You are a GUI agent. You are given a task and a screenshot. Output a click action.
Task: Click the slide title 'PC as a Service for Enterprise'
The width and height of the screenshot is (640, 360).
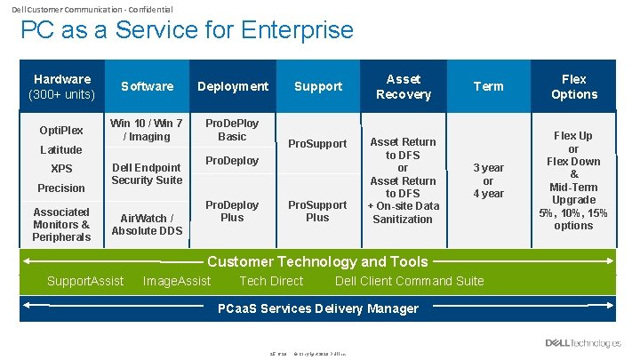tap(187, 30)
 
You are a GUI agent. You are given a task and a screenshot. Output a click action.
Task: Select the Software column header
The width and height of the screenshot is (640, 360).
tap(147, 86)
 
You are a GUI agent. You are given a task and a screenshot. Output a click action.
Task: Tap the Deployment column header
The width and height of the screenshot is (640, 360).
tap(232, 86)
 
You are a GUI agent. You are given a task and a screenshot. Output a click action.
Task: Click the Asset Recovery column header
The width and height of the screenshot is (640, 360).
tap(403, 86)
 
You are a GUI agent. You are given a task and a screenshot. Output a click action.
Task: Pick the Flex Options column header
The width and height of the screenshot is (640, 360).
tap(573, 86)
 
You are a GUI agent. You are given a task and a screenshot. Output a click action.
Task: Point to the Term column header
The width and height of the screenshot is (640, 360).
tap(488, 86)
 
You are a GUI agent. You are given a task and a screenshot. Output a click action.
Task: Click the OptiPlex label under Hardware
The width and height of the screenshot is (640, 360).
tap(61, 131)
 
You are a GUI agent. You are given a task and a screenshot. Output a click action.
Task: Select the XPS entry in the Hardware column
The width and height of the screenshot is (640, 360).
tap(61, 169)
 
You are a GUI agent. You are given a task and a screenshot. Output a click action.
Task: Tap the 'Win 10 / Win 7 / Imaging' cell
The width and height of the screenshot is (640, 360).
tap(147, 130)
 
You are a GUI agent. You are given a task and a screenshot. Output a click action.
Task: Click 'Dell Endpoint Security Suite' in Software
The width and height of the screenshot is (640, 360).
tap(147, 173)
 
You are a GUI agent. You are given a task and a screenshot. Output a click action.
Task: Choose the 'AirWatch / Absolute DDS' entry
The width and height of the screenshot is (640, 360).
tap(147, 224)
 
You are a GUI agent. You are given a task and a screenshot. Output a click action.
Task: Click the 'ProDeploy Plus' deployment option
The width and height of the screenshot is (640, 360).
tap(232, 211)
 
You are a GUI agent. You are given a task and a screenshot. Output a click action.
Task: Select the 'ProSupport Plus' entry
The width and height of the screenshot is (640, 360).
tap(317, 211)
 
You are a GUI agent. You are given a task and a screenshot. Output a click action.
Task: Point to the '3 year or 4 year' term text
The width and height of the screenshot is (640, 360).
tap(488, 180)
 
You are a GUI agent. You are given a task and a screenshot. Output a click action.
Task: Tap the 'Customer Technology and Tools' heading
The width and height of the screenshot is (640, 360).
tap(317, 261)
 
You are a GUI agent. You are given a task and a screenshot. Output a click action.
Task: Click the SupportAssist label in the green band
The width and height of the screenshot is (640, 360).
tap(85, 281)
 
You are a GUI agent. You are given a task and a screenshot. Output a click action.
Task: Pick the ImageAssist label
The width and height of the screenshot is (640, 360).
tap(177, 281)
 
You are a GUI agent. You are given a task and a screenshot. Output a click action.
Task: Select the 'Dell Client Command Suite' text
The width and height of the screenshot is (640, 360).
tap(409, 281)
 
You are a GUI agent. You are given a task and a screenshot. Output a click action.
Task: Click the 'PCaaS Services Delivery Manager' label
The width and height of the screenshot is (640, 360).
tap(317, 308)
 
